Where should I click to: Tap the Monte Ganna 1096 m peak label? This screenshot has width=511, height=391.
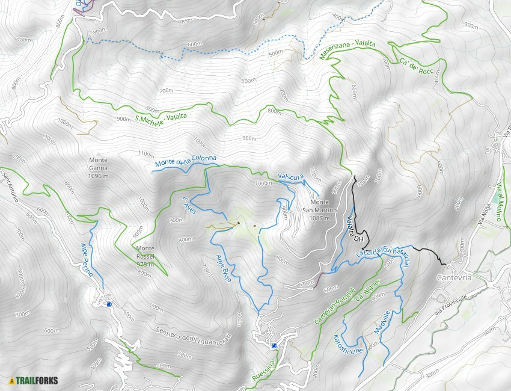[99, 168]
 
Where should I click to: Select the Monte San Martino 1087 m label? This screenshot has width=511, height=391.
[319, 210]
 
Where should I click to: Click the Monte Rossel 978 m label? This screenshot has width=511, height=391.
[145, 256]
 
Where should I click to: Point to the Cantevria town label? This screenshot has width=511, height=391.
[454, 278]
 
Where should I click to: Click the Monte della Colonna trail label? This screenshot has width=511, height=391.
[185, 161]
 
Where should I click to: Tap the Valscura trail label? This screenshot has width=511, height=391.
[289, 176]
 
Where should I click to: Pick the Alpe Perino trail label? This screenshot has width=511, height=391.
[87, 259]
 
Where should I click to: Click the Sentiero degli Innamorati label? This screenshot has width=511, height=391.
[185, 339]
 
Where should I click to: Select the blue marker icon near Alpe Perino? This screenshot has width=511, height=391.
[109, 304]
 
